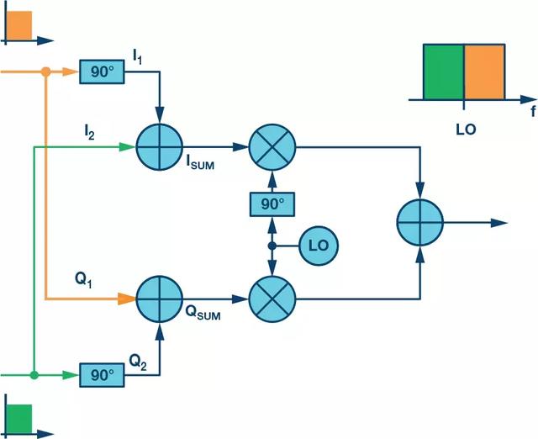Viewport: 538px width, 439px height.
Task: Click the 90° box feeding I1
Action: (102, 71)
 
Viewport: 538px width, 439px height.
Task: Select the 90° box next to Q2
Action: (102, 375)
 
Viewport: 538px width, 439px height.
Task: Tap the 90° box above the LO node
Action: (272, 204)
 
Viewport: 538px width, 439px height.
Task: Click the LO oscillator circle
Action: (319, 246)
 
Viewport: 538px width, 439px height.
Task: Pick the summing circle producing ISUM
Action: (160, 147)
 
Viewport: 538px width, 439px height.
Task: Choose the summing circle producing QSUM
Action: (160, 299)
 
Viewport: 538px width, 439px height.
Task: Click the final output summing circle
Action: (420, 222)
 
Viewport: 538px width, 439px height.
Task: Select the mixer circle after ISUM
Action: (272, 147)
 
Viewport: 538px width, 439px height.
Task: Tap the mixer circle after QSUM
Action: (272, 299)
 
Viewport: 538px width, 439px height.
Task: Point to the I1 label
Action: (137, 56)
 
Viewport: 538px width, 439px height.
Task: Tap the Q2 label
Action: (138, 362)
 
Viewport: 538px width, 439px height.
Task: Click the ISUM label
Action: (200, 162)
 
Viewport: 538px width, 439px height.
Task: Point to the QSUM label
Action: (203, 312)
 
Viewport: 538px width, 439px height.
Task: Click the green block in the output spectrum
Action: (444, 72)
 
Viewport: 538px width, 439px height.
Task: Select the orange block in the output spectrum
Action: (484, 72)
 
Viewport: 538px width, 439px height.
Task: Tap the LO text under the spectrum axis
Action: (466, 130)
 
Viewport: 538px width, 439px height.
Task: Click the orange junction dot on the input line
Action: (46, 71)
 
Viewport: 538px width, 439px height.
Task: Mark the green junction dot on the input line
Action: (34, 375)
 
